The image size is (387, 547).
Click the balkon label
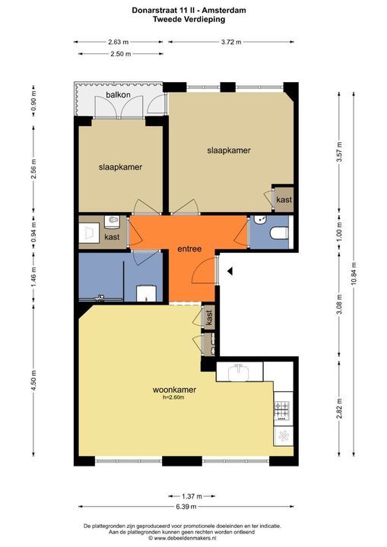pyautogui.click(x=118, y=94)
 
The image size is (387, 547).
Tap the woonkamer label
pyautogui.click(x=174, y=390)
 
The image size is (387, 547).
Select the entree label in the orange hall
pyautogui.click(x=189, y=249)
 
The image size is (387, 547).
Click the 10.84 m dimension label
pyautogui.click(x=354, y=273)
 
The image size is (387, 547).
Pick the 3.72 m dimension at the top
pyautogui.click(x=231, y=43)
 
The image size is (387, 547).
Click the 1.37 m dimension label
pyautogui.click(x=192, y=496)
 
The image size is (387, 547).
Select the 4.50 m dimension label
pyautogui.click(x=33, y=381)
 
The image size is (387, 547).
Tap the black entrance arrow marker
pyautogui.click(x=230, y=270)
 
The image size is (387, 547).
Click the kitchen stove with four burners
pyautogui.click(x=283, y=410)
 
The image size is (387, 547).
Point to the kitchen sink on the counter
pyautogui.click(x=239, y=372)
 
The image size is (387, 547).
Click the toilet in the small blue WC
pyautogui.click(x=280, y=232)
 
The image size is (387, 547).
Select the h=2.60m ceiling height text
pyautogui.click(x=173, y=397)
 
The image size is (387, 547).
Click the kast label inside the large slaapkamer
pyautogui.click(x=284, y=200)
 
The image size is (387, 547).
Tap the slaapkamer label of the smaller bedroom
pyautogui.click(x=120, y=167)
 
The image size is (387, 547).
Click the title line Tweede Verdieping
pyautogui.click(x=189, y=19)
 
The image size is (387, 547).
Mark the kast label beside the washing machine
pyautogui.click(x=112, y=237)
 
